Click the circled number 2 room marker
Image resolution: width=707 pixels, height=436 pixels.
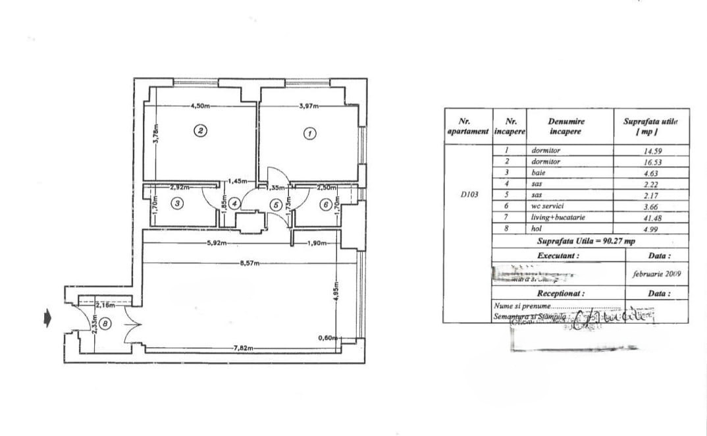tap(201, 130)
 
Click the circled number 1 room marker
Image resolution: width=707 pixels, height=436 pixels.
tap(309, 134)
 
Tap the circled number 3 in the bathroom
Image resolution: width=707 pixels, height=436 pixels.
tap(176, 204)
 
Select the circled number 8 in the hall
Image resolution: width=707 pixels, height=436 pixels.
tap(107, 323)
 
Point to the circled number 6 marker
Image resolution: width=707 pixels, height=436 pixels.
tap(325, 204)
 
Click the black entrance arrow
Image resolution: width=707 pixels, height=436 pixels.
tap(47, 319)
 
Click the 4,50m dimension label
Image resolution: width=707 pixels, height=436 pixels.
tap(200, 105)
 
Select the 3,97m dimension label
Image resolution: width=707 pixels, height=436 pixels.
tap(308, 105)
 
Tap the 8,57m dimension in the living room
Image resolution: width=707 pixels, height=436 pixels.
tap(250, 263)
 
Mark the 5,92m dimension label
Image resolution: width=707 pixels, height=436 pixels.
tap(217, 243)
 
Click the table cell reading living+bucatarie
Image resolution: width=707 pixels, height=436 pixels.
tap(559, 217)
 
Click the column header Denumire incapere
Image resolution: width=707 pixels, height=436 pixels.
tap(565, 126)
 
